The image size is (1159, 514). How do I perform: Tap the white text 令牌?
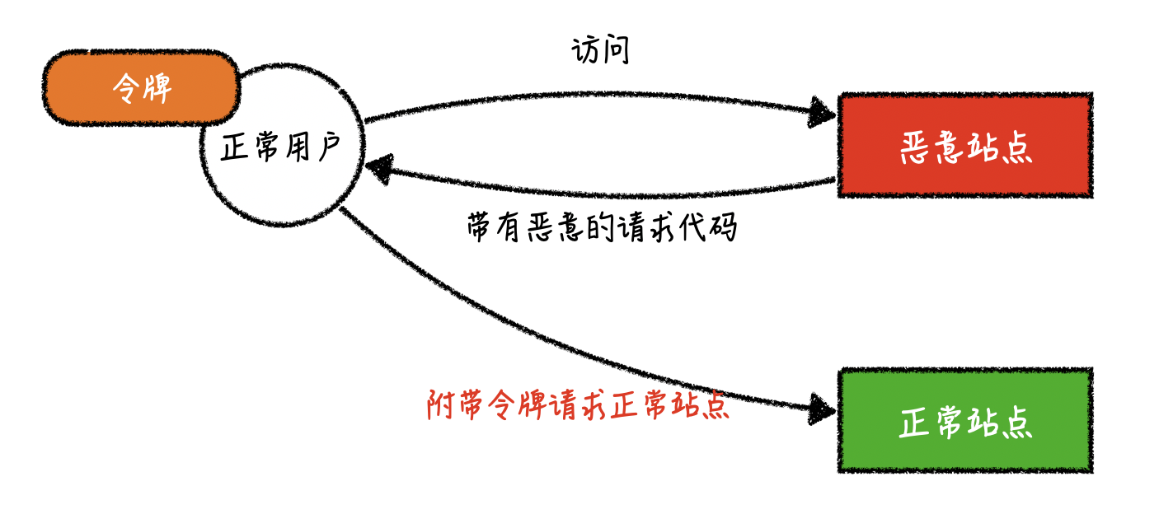click(x=142, y=88)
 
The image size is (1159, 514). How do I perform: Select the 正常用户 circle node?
click(x=283, y=145)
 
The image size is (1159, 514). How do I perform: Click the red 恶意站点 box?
click(x=965, y=145)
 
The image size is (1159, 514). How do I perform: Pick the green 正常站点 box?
click(x=965, y=420)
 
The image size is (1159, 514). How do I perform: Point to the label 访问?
click(x=601, y=50)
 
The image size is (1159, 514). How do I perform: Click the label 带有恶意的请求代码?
click(x=602, y=227)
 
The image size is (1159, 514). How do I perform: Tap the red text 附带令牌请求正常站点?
click(x=578, y=404)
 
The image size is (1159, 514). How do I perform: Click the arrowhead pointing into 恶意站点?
click(x=823, y=112)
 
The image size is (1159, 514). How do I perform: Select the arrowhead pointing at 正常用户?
click(x=380, y=169)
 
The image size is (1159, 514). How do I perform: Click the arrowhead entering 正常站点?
click(x=823, y=409)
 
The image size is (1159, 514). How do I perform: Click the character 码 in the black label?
click(x=723, y=227)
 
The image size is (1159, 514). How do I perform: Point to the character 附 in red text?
click(x=441, y=405)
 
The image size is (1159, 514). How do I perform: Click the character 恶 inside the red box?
click(x=917, y=148)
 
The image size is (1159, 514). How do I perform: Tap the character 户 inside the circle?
click(x=329, y=146)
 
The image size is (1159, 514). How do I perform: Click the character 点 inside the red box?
click(x=1016, y=148)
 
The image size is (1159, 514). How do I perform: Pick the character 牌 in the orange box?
click(x=157, y=88)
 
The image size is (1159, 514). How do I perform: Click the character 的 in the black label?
click(x=600, y=227)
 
